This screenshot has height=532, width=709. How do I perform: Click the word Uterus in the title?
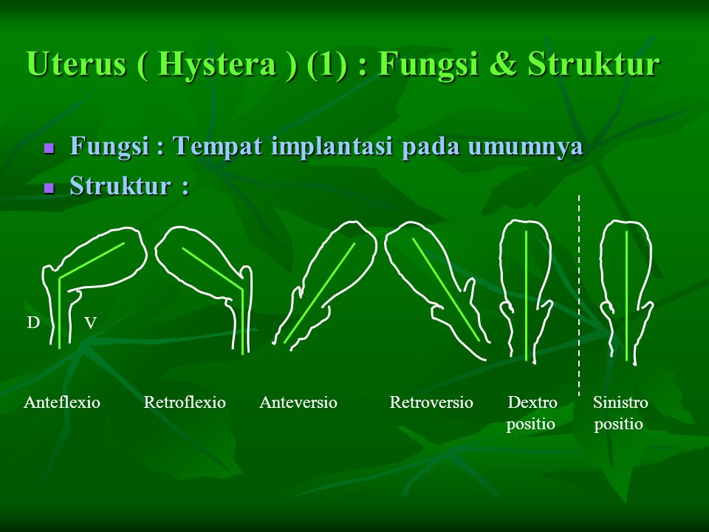76,64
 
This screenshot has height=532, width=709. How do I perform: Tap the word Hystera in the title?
216,64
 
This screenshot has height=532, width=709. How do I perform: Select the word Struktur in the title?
593,64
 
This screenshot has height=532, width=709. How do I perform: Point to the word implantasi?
332,146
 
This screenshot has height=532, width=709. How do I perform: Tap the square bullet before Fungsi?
49,149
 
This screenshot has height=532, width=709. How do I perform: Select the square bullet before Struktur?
49,188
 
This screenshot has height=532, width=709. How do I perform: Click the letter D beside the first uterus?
33,323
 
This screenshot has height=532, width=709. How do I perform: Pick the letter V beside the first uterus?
90,323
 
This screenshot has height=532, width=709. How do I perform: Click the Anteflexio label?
62,402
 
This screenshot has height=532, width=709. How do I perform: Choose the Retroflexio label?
185,402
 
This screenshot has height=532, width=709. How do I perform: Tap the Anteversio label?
298,402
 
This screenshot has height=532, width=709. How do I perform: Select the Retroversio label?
431,402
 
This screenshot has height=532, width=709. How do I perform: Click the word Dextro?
532,402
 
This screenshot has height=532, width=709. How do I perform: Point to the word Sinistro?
620,402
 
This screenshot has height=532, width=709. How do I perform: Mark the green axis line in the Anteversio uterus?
320,293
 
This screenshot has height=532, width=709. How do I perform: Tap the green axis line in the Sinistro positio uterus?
627,296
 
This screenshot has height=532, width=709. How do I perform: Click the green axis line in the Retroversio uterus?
446,290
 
